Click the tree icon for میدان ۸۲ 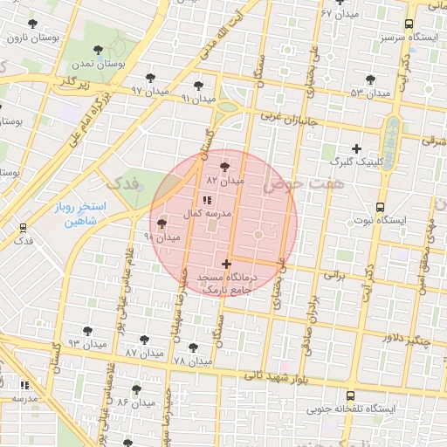pyautogui.click(x=226, y=165)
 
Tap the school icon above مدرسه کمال pyautogui.click(x=206, y=200)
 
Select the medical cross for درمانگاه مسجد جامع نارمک pyautogui.click(x=226, y=264)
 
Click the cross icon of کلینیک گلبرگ pyautogui.click(x=355, y=148)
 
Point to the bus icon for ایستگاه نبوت pyautogui.click(x=380, y=207)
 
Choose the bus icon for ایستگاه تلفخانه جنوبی pyautogui.click(x=350, y=395)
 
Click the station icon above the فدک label pyautogui.click(x=23, y=227)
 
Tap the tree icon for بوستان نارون pyautogui.click(x=32, y=24)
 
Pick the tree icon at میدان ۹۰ pyautogui.click(x=162, y=224)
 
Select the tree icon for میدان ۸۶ pyautogui.click(x=135, y=389)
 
